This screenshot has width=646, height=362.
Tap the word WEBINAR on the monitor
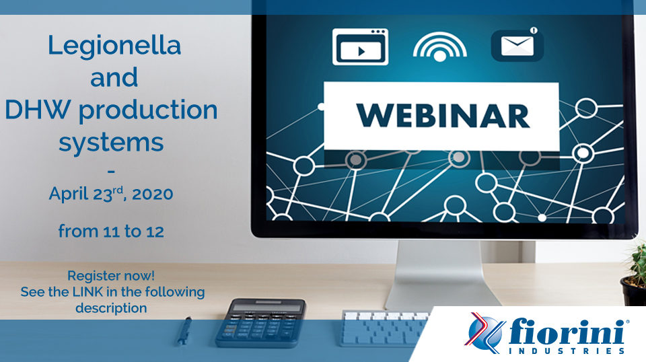[x=443, y=116]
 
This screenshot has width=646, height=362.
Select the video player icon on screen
[x=361, y=46]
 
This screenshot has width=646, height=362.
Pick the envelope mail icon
[x=517, y=44]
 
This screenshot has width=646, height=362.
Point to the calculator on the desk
[x=261, y=322]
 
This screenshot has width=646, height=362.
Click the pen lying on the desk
[x=184, y=330]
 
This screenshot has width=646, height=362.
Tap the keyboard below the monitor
[x=384, y=328]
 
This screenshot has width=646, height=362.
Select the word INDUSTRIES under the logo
[x=567, y=351]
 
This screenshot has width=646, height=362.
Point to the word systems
[x=111, y=143]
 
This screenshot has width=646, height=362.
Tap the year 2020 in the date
[x=153, y=194]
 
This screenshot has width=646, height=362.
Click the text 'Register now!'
[x=111, y=275]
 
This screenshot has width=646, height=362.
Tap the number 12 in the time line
[x=155, y=231]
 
